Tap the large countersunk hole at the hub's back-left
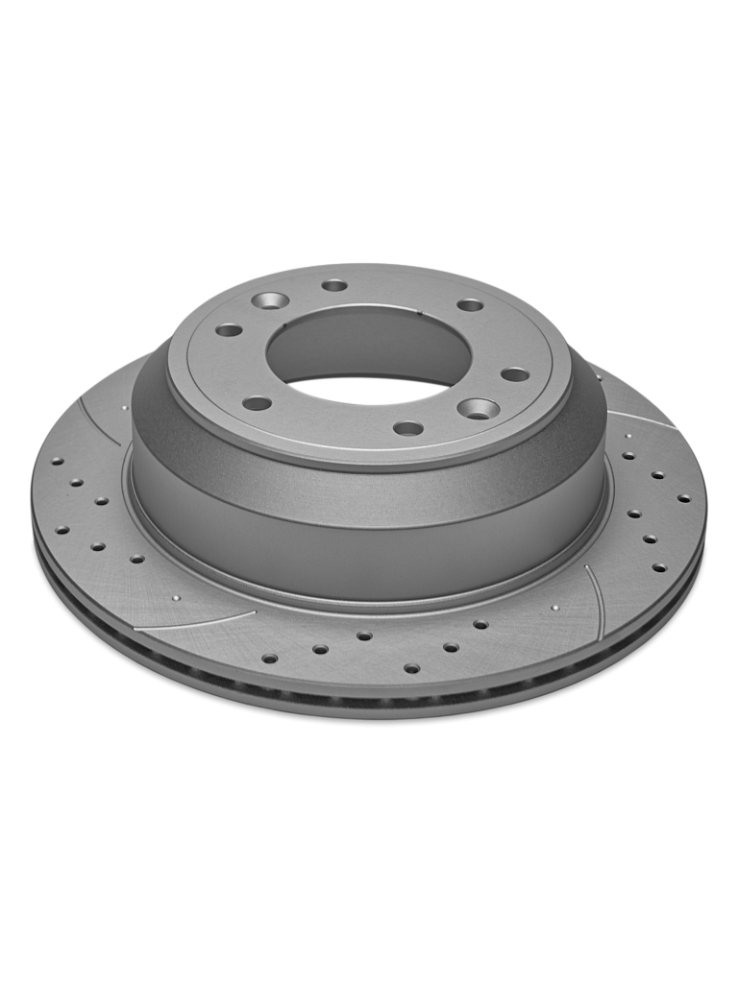click(270, 300)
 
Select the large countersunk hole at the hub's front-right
click(478, 410)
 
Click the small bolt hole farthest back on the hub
click(334, 285)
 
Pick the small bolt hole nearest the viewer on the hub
click(408, 428)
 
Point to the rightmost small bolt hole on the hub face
click(515, 374)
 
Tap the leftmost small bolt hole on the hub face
click(229, 330)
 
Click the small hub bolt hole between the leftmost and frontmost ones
click(257, 403)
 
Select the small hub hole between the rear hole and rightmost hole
click(470, 305)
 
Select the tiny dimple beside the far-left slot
click(126, 407)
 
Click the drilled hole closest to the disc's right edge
click(683, 499)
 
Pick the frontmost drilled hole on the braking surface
click(411, 668)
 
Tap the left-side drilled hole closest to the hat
click(136, 558)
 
